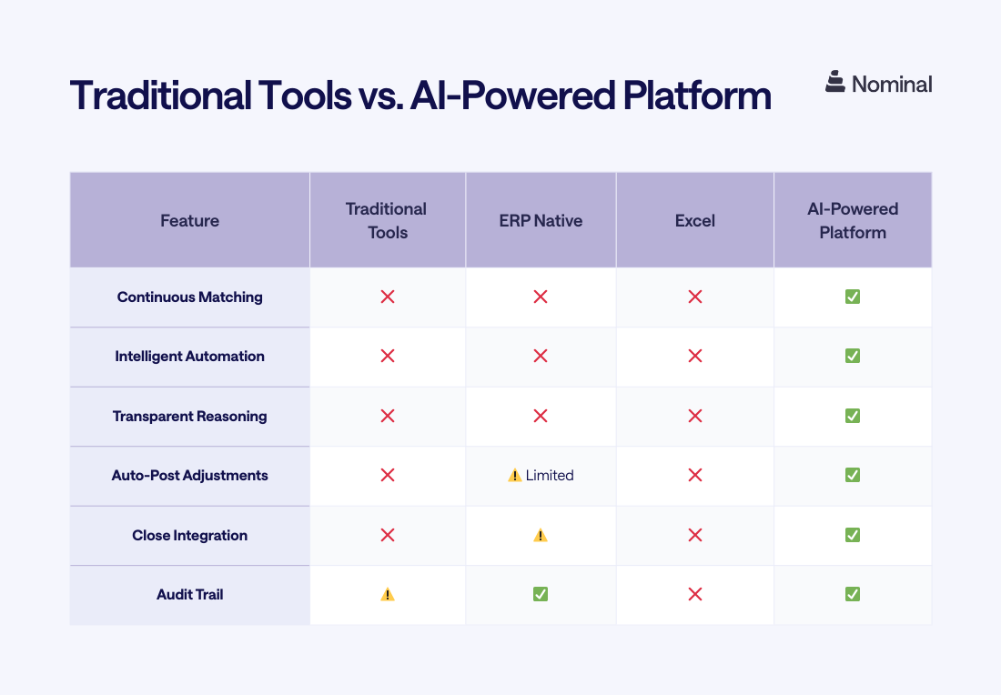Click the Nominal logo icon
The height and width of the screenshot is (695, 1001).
click(x=835, y=83)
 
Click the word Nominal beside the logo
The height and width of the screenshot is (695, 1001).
click(x=892, y=85)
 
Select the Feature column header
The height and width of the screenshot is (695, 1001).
click(x=189, y=220)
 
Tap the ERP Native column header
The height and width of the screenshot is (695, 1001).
click(x=541, y=220)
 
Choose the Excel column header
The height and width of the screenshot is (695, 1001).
click(x=695, y=220)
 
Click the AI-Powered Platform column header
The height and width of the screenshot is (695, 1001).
click(x=853, y=220)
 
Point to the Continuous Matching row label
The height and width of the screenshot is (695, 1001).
click(x=189, y=297)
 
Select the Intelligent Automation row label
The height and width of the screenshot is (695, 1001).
click(x=189, y=357)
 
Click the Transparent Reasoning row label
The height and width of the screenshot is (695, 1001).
click(x=189, y=417)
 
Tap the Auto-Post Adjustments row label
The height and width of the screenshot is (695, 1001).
click(x=189, y=476)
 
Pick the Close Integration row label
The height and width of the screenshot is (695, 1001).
click(x=189, y=536)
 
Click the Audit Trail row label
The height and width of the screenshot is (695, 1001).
click(x=189, y=595)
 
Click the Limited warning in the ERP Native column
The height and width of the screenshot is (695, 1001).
click(x=541, y=476)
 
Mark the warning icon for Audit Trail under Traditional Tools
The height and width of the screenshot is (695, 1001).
click(x=388, y=595)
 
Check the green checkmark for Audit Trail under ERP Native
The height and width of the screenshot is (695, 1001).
click(x=541, y=595)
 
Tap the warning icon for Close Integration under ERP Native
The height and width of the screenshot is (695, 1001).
click(x=541, y=536)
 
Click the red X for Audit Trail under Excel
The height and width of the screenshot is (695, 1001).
click(x=695, y=595)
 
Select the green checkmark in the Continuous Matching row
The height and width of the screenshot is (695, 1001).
click(x=853, y=297)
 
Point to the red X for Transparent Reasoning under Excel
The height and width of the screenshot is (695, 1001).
click(x=695, y=417)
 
